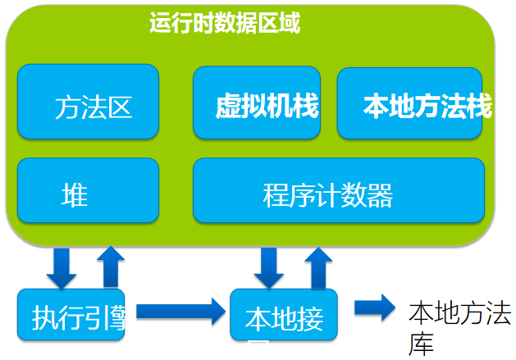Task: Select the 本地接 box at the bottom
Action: [x=284, y=315]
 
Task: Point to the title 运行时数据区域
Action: [x=225, y=23]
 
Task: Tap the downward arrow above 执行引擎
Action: [x=62, y=264]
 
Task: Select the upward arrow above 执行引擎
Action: [x=111, y=264]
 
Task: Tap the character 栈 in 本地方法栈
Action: [x=477, y=107]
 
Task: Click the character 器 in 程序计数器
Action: [x=381, y=197]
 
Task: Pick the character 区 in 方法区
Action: [x=120, y=107]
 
